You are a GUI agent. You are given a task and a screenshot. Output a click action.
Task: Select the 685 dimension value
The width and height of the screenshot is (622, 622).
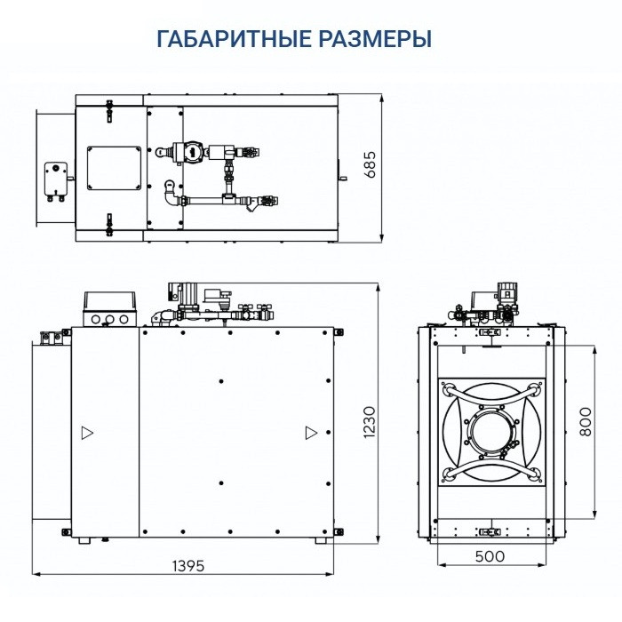[x=371, y=166]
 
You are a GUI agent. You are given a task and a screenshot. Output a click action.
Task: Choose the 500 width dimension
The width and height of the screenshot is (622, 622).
[x=489, y=557]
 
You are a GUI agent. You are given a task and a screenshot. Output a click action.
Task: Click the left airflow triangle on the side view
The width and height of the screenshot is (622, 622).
[x=86, y=433]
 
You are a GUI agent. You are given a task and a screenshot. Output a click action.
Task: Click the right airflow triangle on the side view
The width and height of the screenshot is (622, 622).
[x=310, y=433]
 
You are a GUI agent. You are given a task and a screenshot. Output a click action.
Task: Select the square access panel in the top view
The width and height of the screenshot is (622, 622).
[x=114, y=167]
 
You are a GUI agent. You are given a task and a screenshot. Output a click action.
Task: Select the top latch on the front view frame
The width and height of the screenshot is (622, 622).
[x=490, y=332]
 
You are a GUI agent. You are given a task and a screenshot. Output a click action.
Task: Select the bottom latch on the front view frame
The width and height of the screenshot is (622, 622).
[x=490, y=531]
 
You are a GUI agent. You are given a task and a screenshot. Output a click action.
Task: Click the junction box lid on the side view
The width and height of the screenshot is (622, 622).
[x=108, y=298]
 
